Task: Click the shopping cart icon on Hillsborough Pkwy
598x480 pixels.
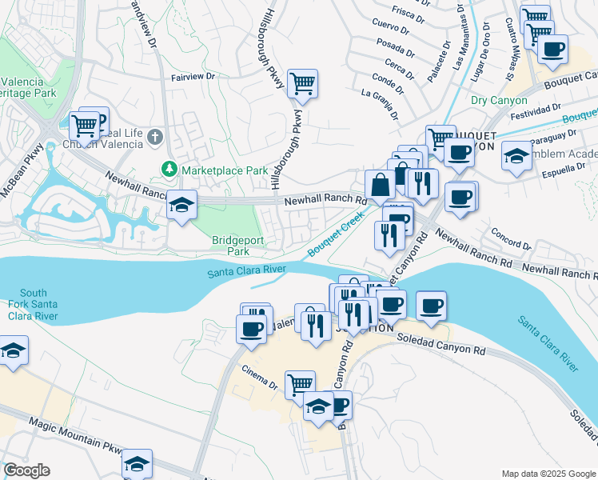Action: pos(302,82)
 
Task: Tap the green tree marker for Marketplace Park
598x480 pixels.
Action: pos(169,170)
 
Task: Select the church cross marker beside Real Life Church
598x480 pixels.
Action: pos(154,138)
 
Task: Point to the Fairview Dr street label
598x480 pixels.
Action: pos(193,78)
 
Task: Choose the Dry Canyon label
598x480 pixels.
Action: pos(499,101)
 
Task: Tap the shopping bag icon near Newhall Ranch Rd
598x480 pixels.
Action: pos(381,184)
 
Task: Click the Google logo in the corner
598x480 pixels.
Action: pos(26,470)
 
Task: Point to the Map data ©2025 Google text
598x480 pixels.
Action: pos(548,474)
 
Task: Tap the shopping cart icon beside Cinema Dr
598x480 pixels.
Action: pos(300,384)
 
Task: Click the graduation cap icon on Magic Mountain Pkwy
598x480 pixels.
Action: pos(137,463)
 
